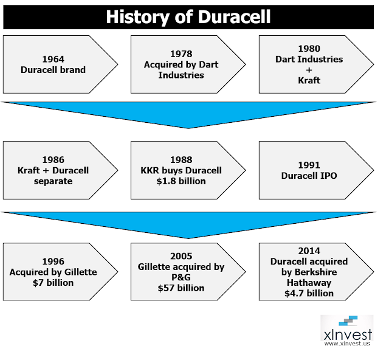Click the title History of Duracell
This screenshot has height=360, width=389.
tap(188, 17)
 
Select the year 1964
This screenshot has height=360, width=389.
tap(53, 59)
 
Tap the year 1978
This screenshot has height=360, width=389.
tap(181, 54)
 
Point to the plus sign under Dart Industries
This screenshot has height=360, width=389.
tap(309, 70)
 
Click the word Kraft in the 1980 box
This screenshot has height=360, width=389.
tap(309, 80)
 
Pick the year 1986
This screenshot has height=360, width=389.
tap(53, 160)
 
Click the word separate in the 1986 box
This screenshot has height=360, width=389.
tap(53, 181)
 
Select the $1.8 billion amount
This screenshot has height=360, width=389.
tap(181, 181)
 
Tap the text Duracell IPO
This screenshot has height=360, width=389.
tap(309, 176)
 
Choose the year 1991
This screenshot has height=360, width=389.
tap(309, 165)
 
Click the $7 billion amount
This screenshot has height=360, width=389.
tap(53, 283)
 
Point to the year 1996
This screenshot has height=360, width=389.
tap(53, 261)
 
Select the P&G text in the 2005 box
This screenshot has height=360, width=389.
tap(181, 277)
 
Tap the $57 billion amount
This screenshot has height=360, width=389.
tap(181, 288)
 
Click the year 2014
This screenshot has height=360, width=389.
tap(309, 251)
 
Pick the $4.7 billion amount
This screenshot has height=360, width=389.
tap(309, 294)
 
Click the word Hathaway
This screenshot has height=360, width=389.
tap(309, 283)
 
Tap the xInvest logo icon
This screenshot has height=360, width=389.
tap(348, 320)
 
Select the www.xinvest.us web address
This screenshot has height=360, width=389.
tap(347, 344)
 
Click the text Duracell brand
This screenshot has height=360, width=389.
tap(53, 70)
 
